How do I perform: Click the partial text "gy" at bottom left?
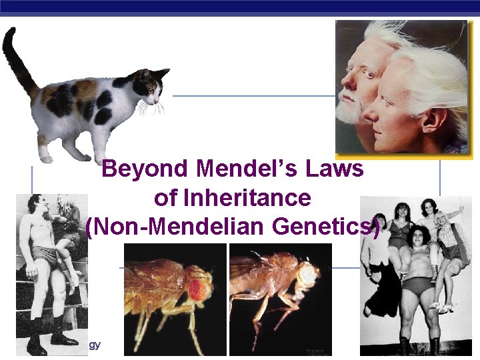[95, 345]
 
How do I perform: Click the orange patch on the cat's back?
[84, 89]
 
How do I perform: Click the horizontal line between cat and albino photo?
[253, 95]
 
